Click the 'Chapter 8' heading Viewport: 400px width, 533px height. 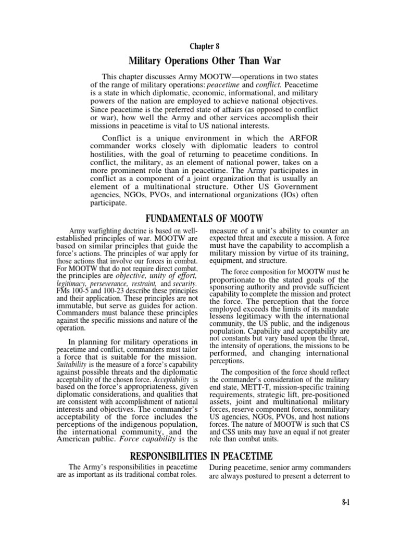[199, 46]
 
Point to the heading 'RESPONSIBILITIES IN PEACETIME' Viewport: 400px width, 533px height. [199, 456]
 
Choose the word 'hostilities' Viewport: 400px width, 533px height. [111, 155]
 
